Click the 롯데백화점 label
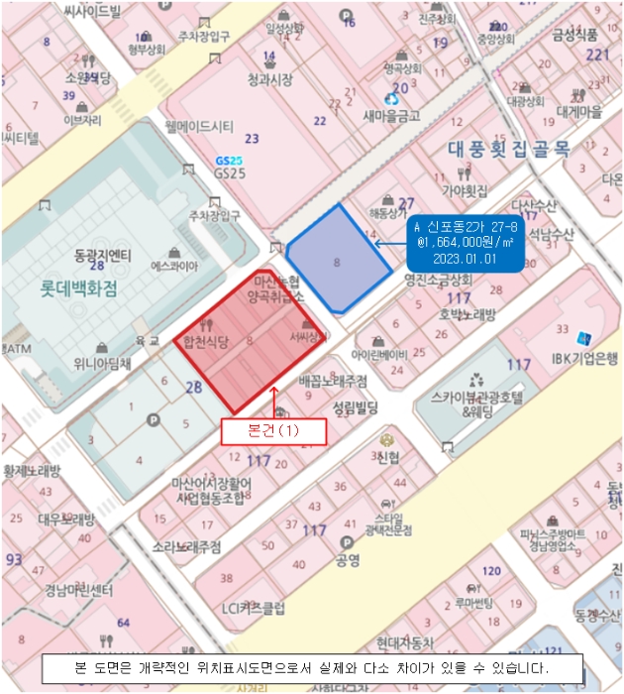point(78,289)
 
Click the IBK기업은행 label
point(584,358)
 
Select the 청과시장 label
point(269,78)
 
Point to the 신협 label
point(387,457)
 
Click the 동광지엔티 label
point(103,254)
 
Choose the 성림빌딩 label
point(356,406)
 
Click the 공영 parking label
point(347,560)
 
